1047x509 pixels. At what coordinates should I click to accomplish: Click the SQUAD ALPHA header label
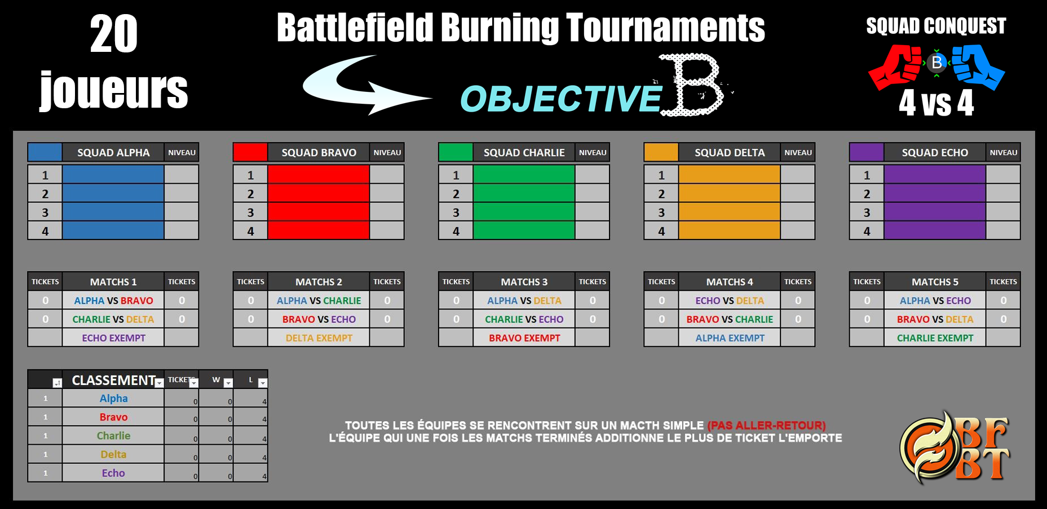(113, 153)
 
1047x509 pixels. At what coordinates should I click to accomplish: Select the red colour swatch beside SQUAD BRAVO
(250, 152)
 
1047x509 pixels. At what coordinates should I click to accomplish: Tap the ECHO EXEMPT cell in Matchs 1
(113, 338)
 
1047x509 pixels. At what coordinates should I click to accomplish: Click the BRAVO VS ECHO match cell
(319, 319)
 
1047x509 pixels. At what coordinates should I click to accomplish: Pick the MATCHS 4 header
(730, 282)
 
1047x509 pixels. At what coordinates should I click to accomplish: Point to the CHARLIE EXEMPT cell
(935, 338)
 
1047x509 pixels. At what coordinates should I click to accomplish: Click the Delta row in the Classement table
(113, 454)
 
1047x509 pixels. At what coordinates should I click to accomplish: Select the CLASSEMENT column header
(113, 380)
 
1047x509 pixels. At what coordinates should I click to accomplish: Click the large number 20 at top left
(114, 34)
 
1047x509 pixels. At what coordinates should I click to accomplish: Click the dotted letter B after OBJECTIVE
(692, 85)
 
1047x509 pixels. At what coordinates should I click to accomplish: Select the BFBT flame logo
(955, 448)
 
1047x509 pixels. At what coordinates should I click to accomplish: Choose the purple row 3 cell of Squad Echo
(935, 212)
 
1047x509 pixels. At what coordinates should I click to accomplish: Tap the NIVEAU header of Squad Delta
(798, 153)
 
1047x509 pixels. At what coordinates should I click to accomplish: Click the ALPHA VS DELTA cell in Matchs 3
(524, 300)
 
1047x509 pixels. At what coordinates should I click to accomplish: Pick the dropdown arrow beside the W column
(228, 383)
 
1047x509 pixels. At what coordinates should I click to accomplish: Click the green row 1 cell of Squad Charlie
(524, 175)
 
